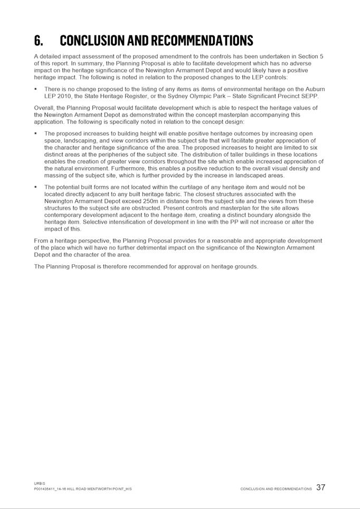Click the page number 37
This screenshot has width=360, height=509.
321,488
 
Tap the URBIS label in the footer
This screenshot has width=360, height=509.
40,483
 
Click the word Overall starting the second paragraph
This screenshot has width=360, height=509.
45,108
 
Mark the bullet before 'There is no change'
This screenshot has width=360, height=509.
36,90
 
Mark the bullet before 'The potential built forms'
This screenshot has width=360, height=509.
36,187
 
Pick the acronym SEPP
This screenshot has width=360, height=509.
310,96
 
